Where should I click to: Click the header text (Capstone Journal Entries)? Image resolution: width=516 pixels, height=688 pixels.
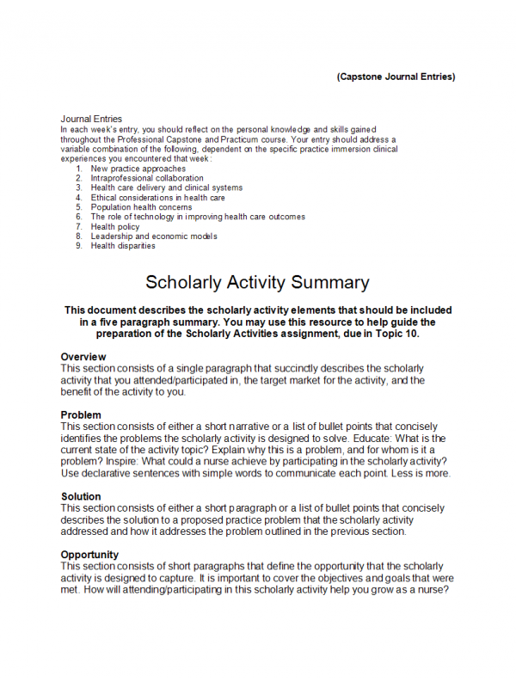(x=396, y=77)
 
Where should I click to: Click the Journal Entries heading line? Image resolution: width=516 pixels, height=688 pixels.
(x=91, y=119)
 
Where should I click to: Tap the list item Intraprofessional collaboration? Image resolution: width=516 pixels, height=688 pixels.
(x=147, y=178)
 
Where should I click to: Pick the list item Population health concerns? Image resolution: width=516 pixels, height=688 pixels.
(x=141, y=207)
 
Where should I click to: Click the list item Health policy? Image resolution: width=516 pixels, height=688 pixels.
(x=117, y=226)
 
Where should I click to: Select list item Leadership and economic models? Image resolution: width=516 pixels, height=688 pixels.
(x=154, y=236)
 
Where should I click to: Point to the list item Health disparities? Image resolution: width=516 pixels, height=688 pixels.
(x=123, y=246)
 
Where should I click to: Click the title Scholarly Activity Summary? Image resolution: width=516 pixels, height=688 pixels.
(x=257, y=282)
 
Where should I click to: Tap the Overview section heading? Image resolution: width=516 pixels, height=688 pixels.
(x=83, y=357)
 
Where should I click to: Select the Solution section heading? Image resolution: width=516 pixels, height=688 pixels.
(x=81, y=496)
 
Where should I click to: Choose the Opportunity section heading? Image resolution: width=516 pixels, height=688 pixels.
(x=89, y=555)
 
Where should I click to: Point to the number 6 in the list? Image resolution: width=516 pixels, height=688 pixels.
(x=78, y=217)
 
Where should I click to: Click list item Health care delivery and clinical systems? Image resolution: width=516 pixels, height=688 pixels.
(x=167, y=187)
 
